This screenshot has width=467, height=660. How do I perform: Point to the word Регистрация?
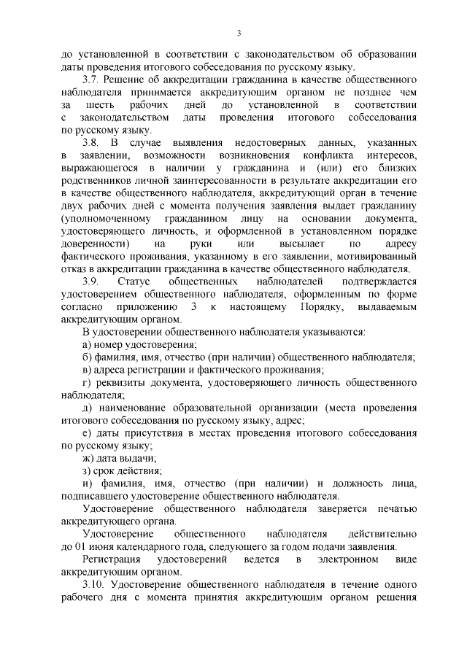pyautogui.click(x=113, y=559)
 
